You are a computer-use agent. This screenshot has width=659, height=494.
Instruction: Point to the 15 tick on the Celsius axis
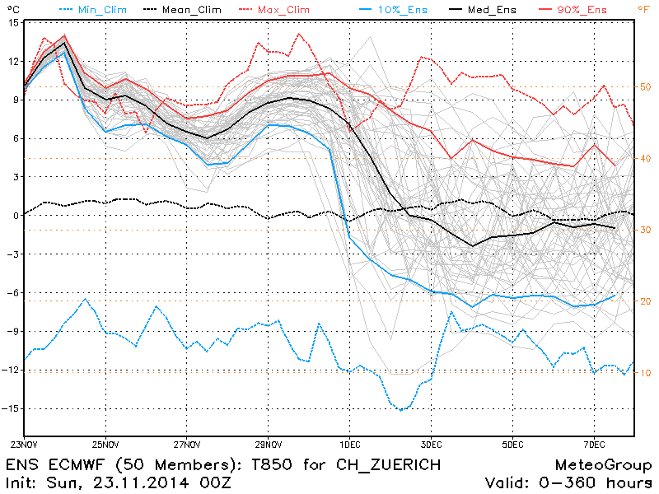12,22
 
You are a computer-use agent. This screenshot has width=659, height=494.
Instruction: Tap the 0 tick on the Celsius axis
15,216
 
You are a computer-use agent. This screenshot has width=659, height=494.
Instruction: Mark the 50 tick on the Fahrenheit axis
646,86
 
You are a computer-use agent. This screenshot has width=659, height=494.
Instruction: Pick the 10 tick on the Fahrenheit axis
646,373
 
